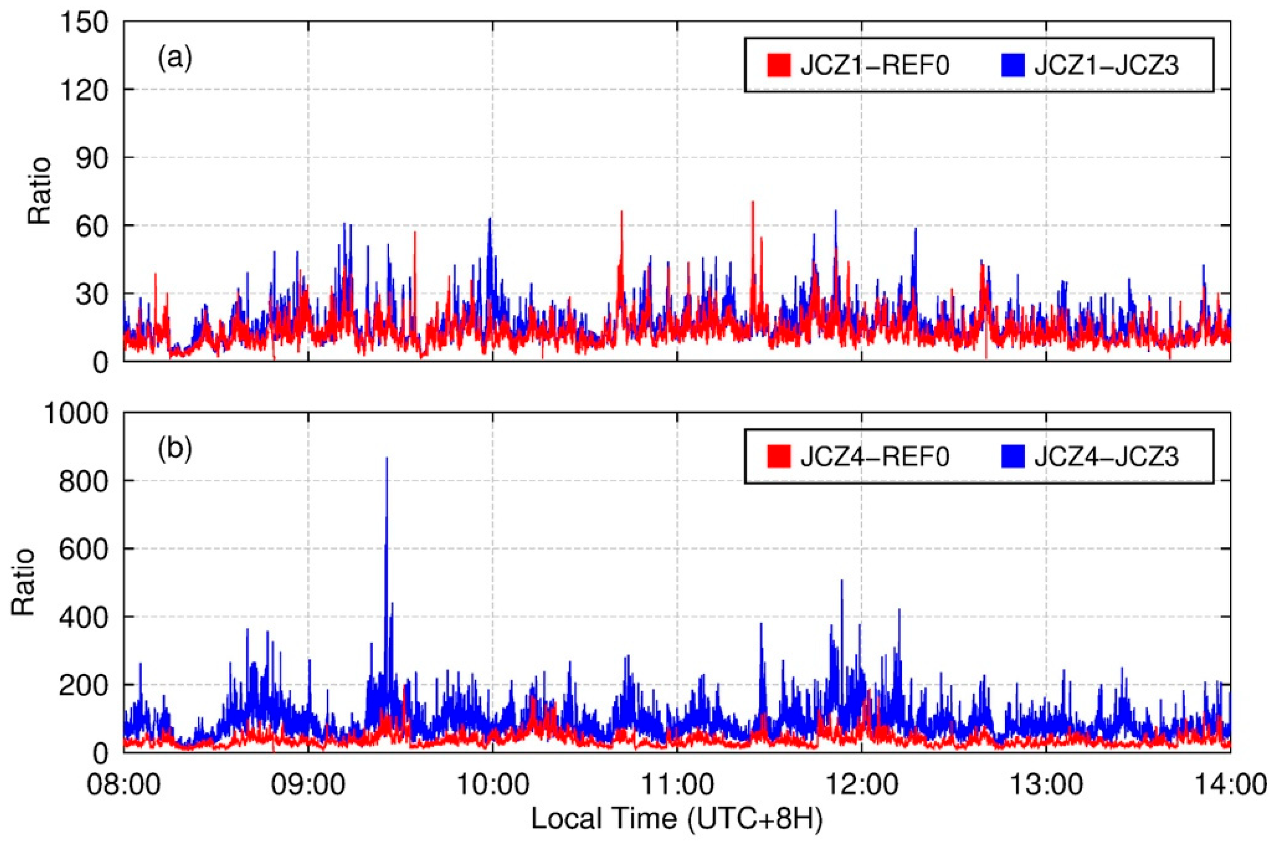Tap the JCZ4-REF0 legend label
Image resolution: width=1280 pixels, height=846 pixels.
point(874,456)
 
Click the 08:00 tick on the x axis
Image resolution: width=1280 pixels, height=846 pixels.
point(124,783)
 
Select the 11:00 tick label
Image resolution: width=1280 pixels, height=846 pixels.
point(677,783)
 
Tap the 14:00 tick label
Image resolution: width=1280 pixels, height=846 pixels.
point(1230,783)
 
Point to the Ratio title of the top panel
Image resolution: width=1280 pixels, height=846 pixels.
point(40,191)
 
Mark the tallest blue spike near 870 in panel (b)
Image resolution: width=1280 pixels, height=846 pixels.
point(386,459)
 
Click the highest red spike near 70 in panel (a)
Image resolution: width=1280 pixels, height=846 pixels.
point(752,202)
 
